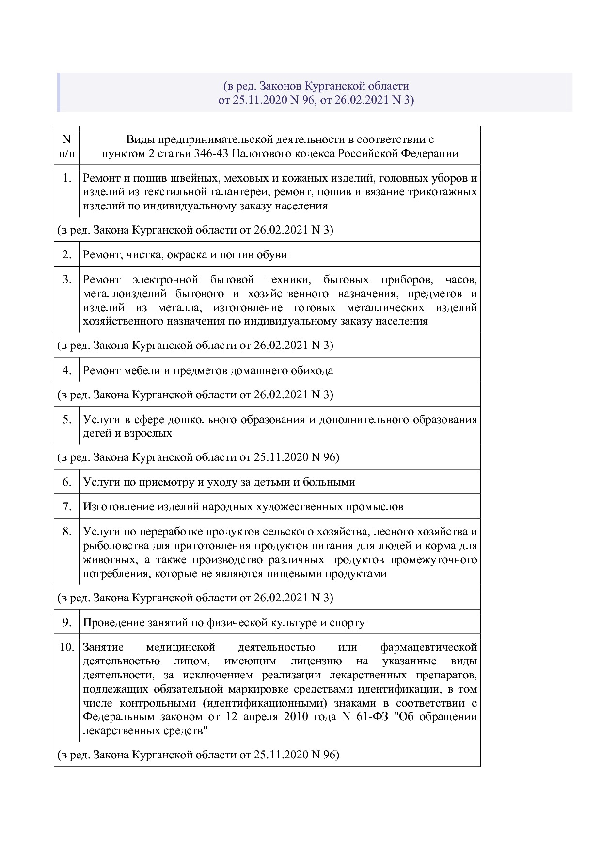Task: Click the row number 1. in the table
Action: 67,178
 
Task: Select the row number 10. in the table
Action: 67,647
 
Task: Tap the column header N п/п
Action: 67,146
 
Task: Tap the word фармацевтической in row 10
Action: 428,647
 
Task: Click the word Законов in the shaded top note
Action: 280,86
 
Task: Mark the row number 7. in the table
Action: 67,506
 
